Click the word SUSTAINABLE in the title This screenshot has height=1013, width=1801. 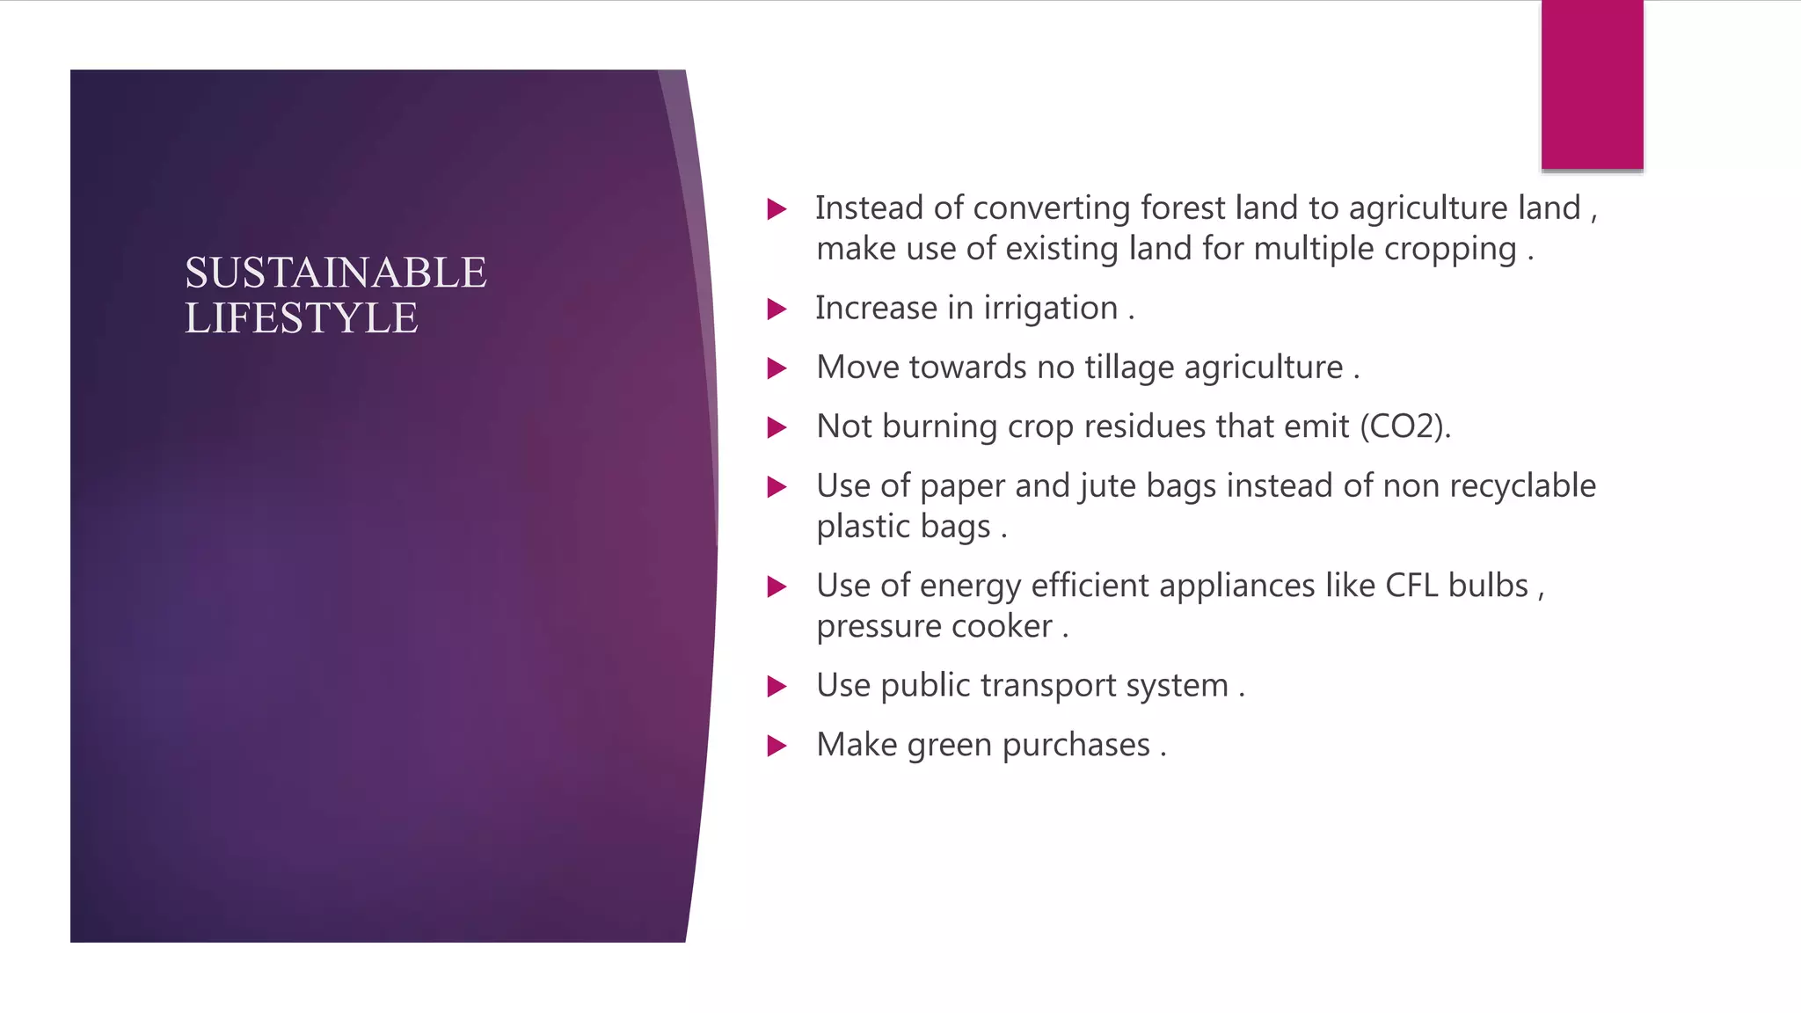pos(335,273)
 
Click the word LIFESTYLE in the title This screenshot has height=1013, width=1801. pos(301,318)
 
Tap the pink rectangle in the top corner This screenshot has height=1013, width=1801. pos(1592,84)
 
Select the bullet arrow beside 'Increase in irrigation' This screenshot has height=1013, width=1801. pos(777,309)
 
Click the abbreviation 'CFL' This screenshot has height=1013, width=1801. pos(1411,586)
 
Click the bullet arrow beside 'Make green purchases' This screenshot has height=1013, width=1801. pos(777,746)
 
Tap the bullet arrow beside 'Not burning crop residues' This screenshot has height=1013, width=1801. pos(777,427)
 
